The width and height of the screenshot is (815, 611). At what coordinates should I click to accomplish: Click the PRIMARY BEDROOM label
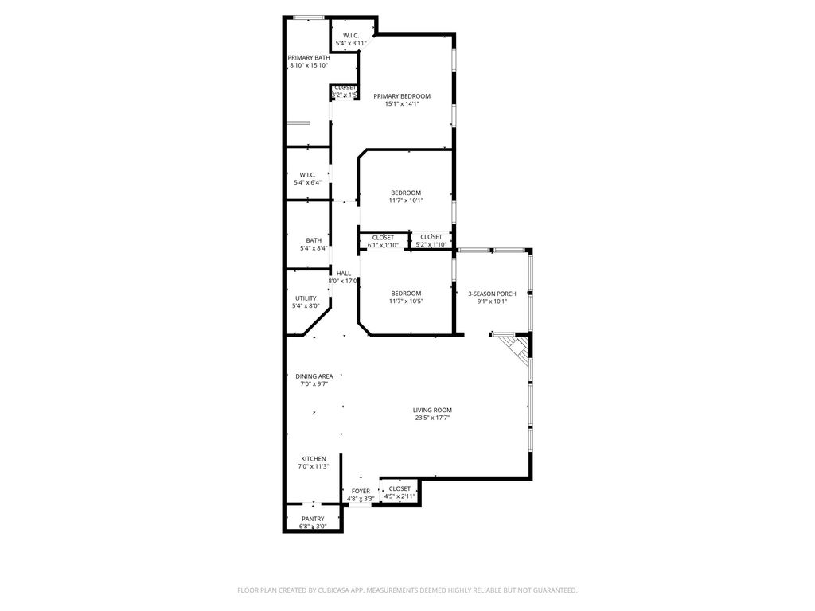[x=402, y=96]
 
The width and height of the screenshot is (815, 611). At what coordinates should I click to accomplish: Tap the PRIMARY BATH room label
[x=308, y=58]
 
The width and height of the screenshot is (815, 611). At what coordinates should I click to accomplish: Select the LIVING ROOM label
[x=432, y=411]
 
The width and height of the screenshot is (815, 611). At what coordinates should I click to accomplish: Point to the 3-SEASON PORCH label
[x=492, y=294]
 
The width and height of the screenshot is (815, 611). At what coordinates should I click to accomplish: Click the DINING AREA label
[x=314, y=376]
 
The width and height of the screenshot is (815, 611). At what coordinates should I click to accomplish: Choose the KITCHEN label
[x=313, y=459]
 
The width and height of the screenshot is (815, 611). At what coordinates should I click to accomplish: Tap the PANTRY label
[x=312, y=519]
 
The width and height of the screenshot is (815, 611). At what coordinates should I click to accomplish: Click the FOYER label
[x=361, y=491]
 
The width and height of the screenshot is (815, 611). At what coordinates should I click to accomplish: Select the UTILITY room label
[x=306, y=298]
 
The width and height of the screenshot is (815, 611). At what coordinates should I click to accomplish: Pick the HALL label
[x=344, y=274]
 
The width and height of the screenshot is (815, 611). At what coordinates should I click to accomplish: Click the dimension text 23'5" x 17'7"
[x=432, y=418]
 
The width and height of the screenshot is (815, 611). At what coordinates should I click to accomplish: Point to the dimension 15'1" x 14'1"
[x=402, y=104]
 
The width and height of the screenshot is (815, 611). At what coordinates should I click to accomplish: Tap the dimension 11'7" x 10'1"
[x=406, y=200]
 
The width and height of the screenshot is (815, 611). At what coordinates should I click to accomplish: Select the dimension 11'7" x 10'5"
[x=406, y=302]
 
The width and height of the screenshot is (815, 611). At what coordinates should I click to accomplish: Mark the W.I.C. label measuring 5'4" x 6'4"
[x=307, y=175]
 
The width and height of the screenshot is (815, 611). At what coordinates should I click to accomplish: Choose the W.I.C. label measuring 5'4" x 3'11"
[x=351, y=36]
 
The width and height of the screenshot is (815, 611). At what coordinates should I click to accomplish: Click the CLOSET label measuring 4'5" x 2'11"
[x=400, y=488]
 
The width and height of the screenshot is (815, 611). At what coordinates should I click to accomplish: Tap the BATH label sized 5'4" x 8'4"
[x=314, y=241]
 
